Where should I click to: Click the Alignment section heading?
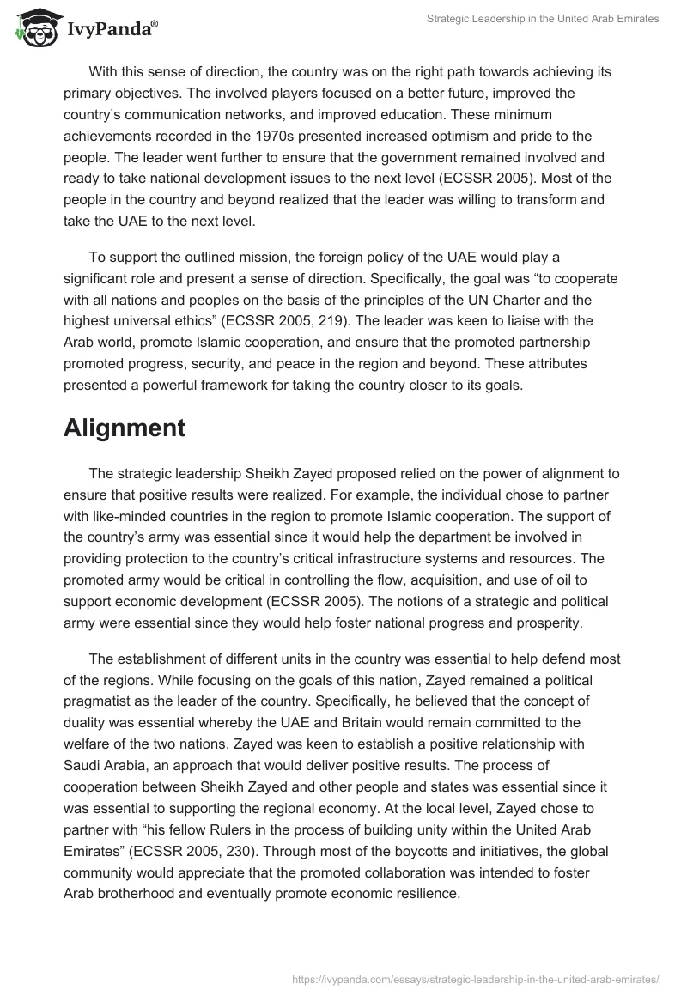point(125,428)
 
